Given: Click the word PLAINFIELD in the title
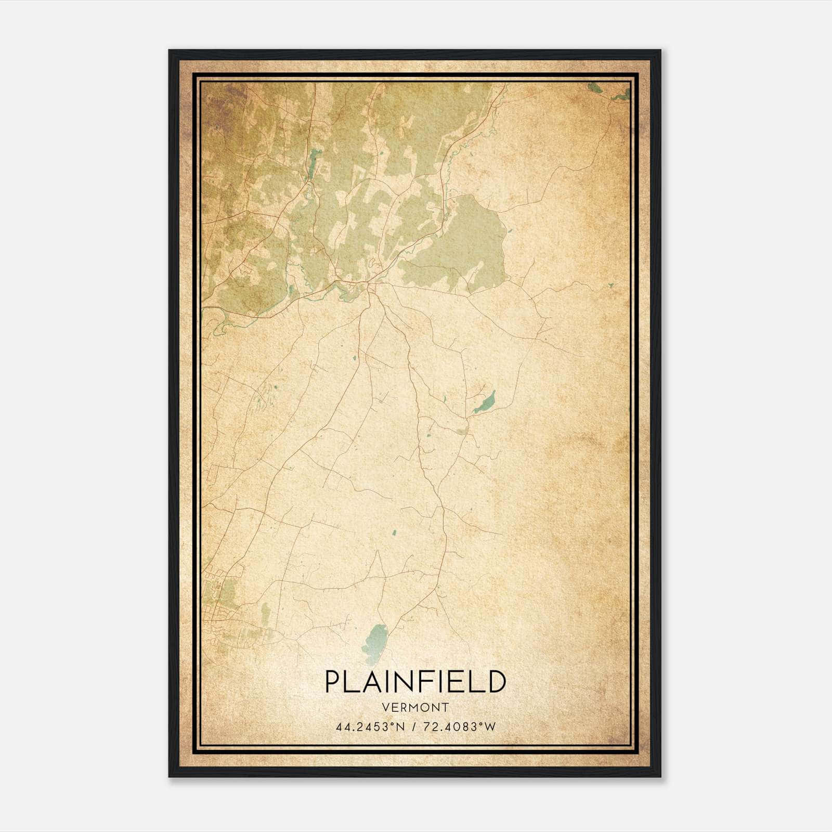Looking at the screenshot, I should click(x=415, y=682).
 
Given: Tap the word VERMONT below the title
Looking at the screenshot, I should click(x=415, y=707).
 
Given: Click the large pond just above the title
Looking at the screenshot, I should click(x=376, y=643).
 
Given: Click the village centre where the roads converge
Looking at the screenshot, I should click(x=370, y=284).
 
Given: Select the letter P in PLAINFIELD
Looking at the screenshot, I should click(x=333, y=682).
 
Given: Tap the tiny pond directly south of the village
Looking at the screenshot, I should click(x=354, y=358).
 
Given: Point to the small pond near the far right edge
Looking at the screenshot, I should click(x=610, y=285).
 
